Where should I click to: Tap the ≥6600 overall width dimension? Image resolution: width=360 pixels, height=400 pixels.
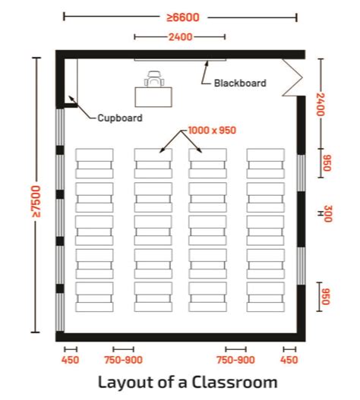click(x=180, y=16)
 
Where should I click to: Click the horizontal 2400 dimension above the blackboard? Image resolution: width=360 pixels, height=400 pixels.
click(x=180, y=36)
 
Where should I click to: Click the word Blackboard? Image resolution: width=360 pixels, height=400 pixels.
click(x=240, y=83)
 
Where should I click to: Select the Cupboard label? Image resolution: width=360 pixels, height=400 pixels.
click(x=119, y=118)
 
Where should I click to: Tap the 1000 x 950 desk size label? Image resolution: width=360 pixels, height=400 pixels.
click(x=213, y=131)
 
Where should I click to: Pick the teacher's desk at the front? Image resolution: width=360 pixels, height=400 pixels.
click(x=154, y=96)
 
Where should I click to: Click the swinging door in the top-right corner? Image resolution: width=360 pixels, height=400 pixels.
click(x=292, y=77)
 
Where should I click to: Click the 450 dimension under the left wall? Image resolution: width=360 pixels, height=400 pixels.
click(x=69, y=360)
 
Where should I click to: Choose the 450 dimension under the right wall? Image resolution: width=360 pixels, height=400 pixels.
click(x=289, y=360)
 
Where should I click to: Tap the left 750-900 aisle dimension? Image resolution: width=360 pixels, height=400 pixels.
click(x=123, y=360)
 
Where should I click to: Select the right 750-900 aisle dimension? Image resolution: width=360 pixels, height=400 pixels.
click(x=235, y=360)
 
